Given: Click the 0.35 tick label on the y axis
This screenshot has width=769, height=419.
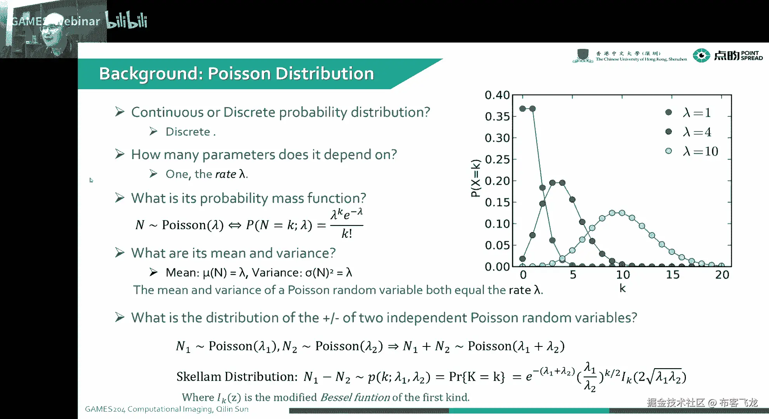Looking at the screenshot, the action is coord(497,116).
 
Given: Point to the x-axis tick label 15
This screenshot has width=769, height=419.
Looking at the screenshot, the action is coord(673,275).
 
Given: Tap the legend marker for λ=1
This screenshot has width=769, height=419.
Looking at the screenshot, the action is coord(668,112).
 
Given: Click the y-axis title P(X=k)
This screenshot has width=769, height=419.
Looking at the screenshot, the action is coord(475,178).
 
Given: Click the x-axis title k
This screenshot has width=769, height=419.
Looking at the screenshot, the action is coord(622,288).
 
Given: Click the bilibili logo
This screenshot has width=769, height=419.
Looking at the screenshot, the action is coord(127,20).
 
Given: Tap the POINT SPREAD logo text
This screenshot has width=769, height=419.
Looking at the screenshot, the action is coord(752,55).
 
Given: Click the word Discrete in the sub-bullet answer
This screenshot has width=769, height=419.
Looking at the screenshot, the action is coord(188,132).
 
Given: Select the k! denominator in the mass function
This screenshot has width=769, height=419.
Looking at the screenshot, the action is coord(346,233).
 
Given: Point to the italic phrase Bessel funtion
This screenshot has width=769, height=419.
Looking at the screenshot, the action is coord(355,397).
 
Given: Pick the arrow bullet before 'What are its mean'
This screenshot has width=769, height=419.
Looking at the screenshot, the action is coord(120,253).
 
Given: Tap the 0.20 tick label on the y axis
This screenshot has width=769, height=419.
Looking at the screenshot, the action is coord(497,181).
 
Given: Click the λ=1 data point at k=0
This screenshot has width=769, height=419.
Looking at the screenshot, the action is coord(522,109).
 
